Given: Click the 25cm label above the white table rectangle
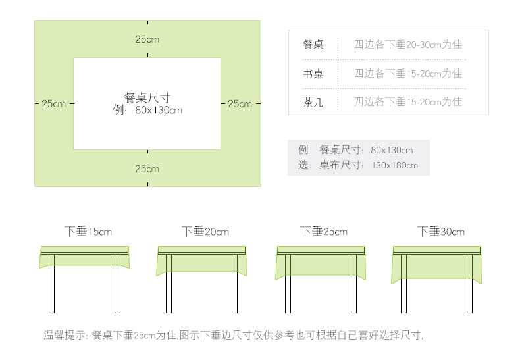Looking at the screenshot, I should tap(147, 39).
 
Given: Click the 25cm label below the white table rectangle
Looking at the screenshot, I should tap(147, 169).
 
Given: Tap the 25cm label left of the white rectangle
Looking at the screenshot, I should tap(54, 104).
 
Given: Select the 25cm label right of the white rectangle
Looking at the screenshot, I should tap(240, 104).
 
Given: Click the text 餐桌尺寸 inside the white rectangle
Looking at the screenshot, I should tap(147, 97).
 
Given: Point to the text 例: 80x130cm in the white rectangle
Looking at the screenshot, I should tap(147, 110).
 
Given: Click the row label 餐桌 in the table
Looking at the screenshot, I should tap(313, 45).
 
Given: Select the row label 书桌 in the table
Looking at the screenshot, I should tap(313, 74).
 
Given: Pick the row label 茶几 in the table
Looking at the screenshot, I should tap(313, 102).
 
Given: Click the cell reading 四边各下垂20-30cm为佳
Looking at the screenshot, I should tap(408, 45).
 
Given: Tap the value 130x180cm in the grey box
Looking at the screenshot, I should tap(394, 165).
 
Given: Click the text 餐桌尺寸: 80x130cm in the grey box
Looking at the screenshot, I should tap(366, 150).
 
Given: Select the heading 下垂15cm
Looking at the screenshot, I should tap(88, 232).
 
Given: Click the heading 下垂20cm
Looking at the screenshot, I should tap(205, 232).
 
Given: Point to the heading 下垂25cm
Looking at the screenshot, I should tap(324, 232).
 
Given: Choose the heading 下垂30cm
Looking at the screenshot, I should tap(441, 232).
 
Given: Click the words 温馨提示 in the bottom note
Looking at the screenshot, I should tap(64, 335).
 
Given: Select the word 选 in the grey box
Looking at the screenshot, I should tap(303, 165).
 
